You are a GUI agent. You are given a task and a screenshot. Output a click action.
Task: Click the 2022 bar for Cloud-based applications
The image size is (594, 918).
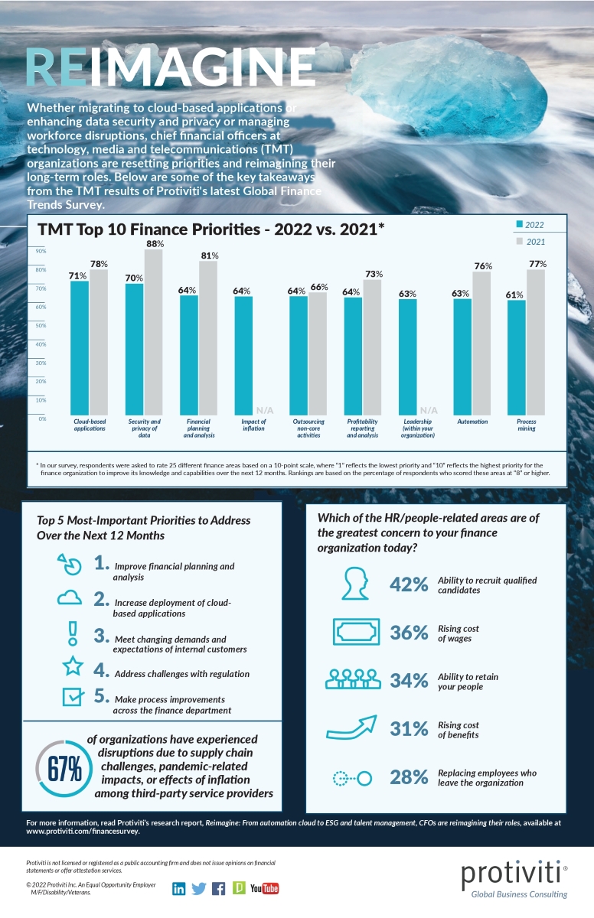click(80, 348)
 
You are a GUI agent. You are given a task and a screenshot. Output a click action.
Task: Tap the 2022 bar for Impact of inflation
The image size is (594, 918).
click(243, 355)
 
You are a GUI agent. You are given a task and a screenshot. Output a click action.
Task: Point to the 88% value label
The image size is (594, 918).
click(155, 243)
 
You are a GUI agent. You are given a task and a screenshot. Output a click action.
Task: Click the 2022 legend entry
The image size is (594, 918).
click(530, 224)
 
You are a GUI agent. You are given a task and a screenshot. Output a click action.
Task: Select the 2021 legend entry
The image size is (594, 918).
click(530, 242)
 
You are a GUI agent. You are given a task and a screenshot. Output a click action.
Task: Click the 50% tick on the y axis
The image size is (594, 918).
click(42, 325)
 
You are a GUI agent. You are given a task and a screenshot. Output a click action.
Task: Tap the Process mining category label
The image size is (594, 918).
click(526, 425)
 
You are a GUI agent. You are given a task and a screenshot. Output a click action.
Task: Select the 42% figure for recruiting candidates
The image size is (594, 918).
click(408, 584)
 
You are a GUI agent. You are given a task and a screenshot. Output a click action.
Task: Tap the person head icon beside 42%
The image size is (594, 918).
click(354, 584)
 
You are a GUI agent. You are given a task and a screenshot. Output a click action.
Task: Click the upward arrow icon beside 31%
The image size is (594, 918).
click(353, 728)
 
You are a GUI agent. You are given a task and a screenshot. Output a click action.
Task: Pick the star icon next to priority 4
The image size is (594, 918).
click(71, 666)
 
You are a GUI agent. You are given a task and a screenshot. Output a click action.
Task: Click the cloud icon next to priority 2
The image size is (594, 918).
click(71, 598)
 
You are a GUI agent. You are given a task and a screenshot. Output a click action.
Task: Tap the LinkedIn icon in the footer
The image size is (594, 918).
click(178, 888)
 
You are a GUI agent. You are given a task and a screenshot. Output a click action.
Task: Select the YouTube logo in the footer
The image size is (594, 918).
click(264, 888)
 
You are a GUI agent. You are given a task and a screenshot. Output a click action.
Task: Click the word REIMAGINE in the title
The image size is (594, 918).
click(170, 69)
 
